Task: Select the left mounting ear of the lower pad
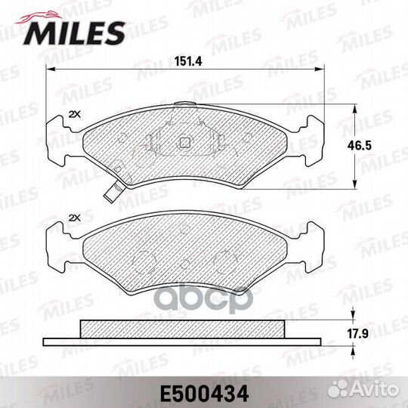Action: (57, 246)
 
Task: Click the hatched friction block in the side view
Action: (182, 327)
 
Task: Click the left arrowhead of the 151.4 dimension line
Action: (51, 70)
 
